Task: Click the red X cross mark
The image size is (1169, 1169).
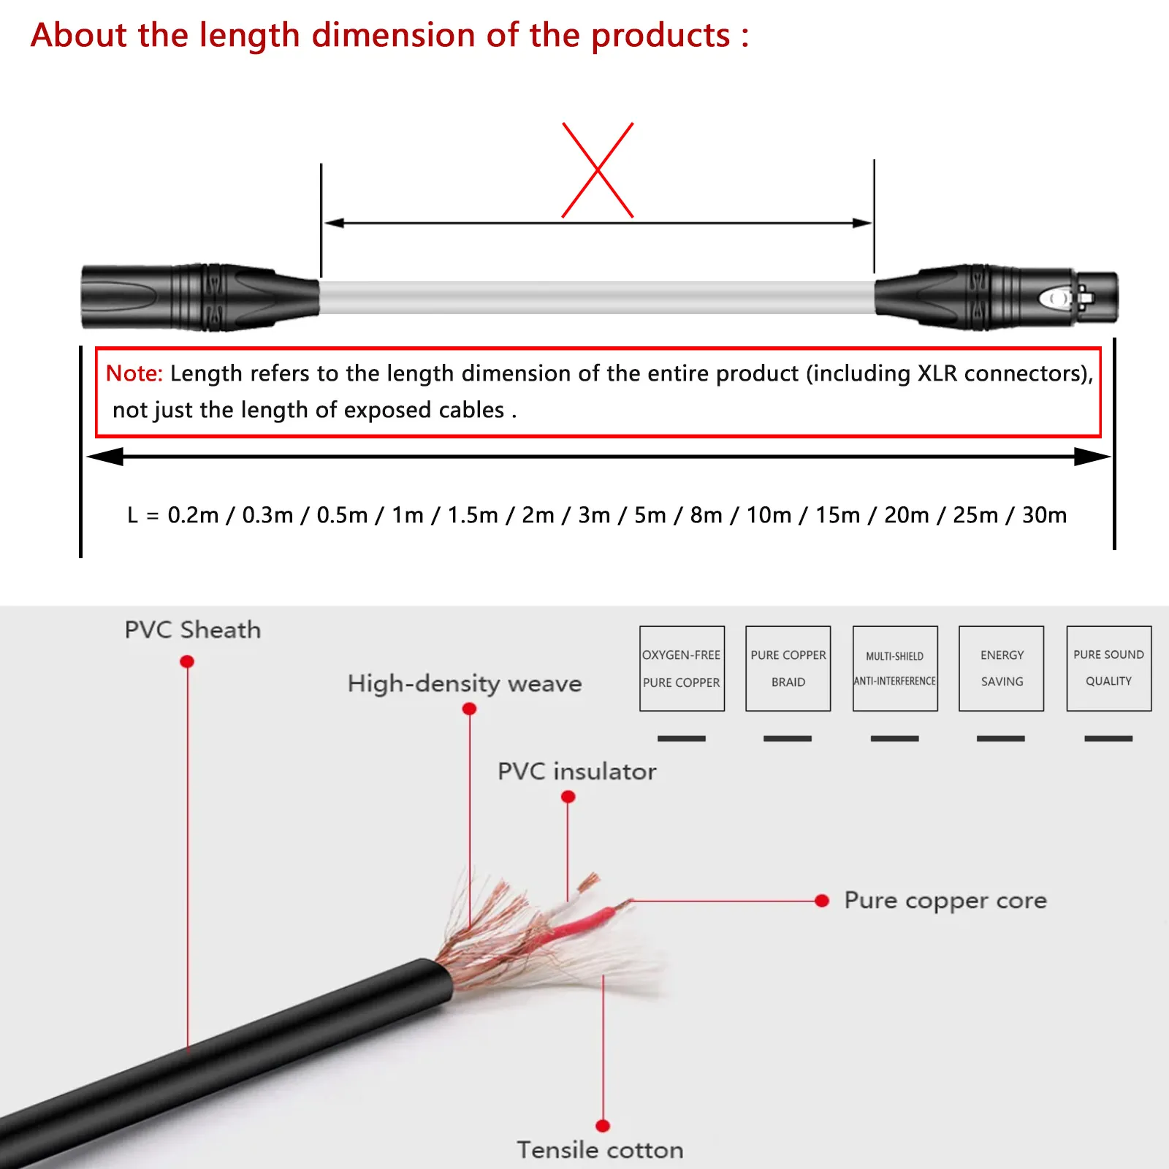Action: pos(598,170)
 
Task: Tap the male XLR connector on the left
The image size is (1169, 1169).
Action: pos(197,297)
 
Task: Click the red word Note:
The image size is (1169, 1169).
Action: pos(134,373)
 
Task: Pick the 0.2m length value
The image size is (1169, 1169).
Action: pos(193,515)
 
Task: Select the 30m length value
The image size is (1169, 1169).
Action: pos(1044,515)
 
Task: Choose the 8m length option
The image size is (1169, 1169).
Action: pos(706,515)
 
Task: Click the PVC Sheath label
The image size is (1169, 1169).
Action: pos(192,630)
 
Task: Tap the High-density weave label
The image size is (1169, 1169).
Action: pos(465,684)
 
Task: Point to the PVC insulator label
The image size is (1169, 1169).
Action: pos(576,772)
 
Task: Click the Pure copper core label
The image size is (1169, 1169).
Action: pos(945,901)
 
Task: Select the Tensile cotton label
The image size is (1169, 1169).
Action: pos(600,1150)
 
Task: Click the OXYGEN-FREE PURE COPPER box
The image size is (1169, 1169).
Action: pos(682,669)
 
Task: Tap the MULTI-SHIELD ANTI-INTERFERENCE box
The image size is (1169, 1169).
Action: pos(895,669)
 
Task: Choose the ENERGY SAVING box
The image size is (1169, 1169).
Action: pos(1001,669)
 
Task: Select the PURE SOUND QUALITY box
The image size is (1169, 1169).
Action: pos(1108,669)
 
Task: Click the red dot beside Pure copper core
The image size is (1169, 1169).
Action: pos(822,901)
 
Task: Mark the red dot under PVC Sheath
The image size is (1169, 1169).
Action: pos(187,661)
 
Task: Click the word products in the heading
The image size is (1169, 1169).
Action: pos(660,36)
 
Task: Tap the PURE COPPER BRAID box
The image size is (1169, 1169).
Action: pos(788,669)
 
